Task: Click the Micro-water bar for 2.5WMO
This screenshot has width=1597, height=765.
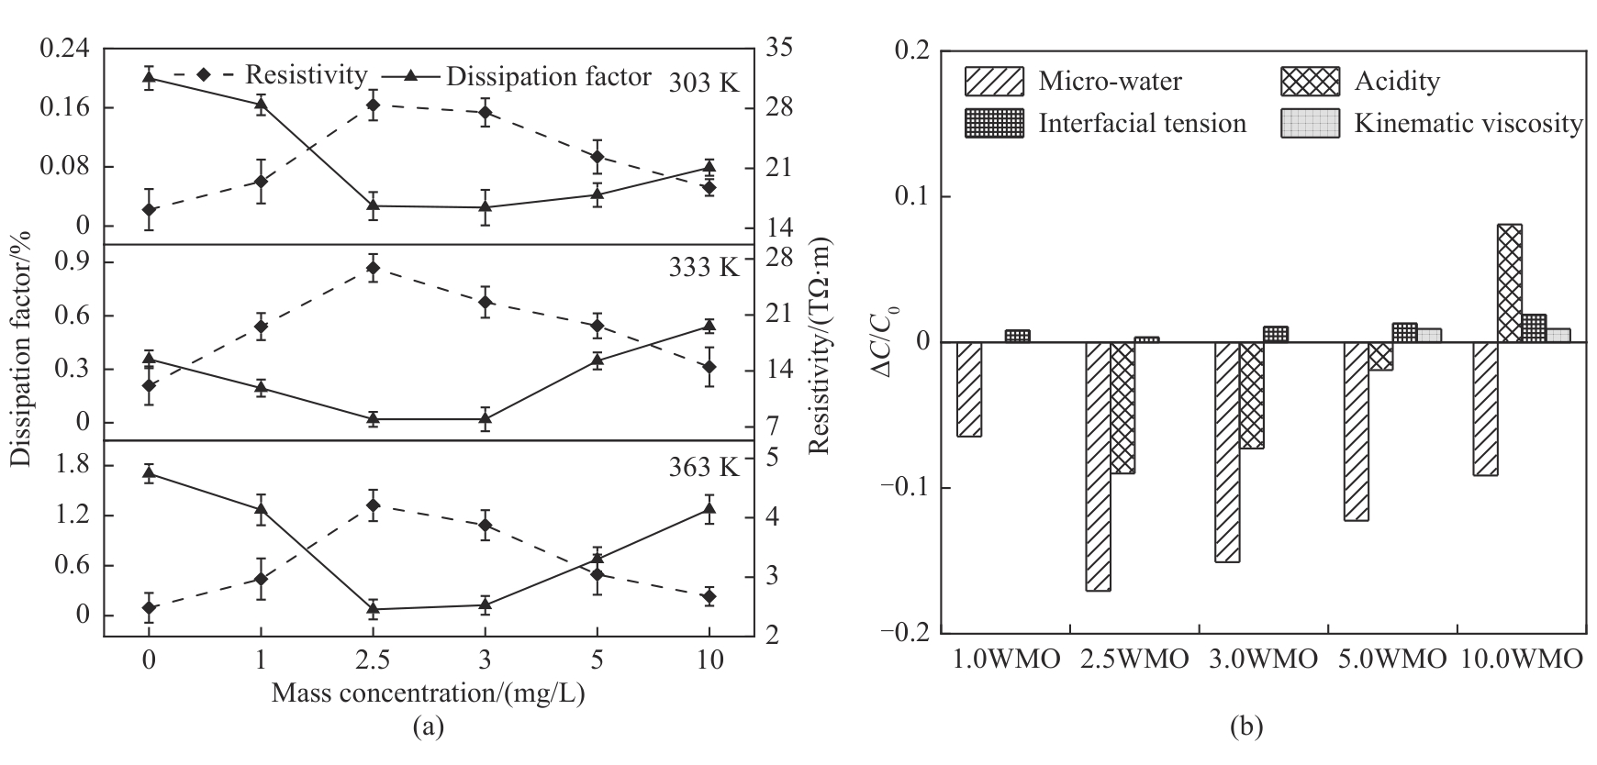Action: tap(1098, 466)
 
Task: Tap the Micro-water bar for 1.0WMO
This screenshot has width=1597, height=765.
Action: tap(969, 389)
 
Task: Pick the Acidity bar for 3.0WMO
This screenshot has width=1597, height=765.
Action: tap(1252, 395)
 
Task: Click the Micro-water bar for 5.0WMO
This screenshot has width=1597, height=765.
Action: tap(1356, 431)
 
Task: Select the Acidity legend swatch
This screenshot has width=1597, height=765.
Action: tap(1310, 82)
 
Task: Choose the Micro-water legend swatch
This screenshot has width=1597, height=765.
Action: tap(994, 82)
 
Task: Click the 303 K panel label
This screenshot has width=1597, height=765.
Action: tap(704, 83)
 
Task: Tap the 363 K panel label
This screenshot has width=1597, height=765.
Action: tap(704, 467)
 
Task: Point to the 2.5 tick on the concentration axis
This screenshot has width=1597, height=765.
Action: tap(374, 660)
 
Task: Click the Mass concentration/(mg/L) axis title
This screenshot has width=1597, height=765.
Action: tap(428, 693)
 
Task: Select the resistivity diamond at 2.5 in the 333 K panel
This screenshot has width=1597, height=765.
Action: tap(374, 268)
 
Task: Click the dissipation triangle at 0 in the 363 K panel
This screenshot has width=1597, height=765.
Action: tap(149, 472)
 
